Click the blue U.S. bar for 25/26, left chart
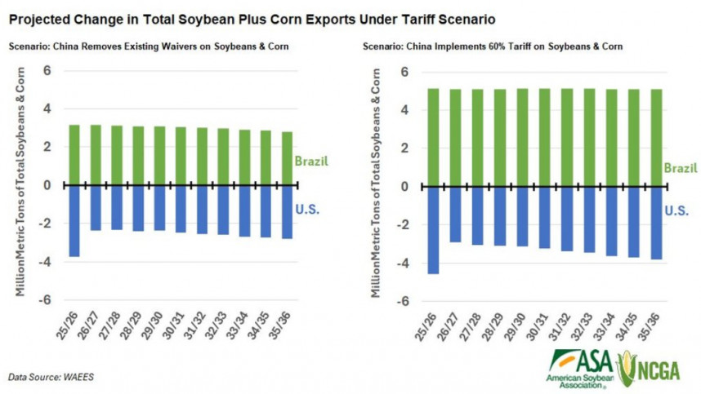click(x=74, y=220)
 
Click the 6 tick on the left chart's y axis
click(x=47, y=70)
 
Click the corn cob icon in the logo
click(x=627, y=366)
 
